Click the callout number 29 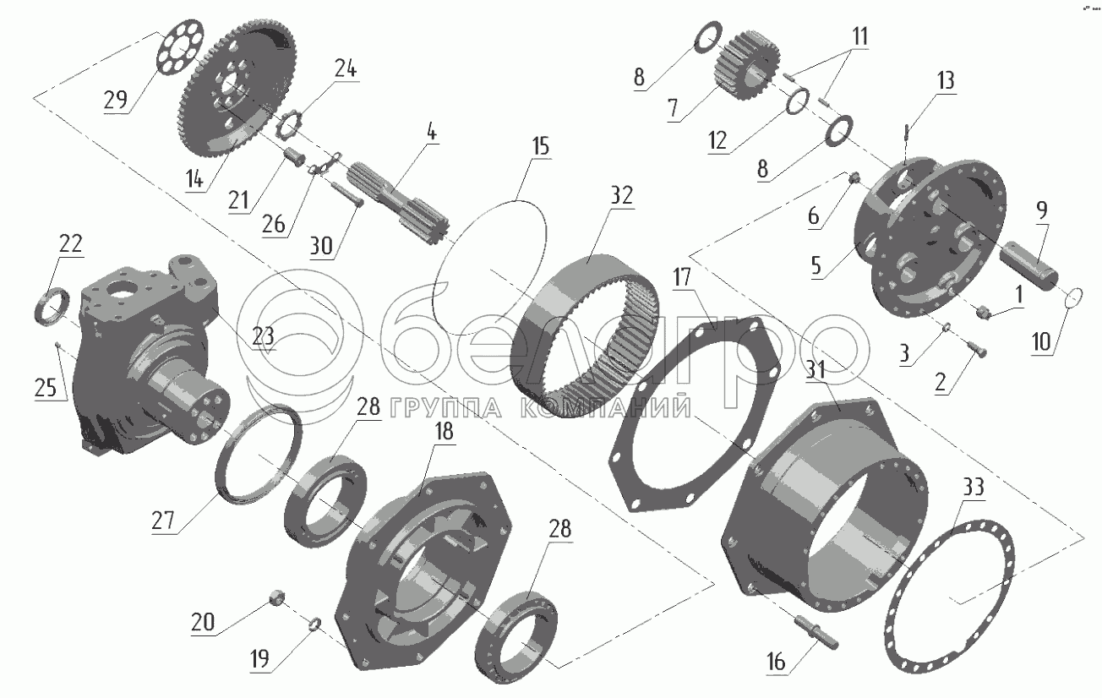pyautogui.click(x=116, y=100)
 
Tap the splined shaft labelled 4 pyautogui.click(x=397, y=199)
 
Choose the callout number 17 pyautogui.click(x=682, y=277)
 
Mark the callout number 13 pyautogui.click(x=946, y=80)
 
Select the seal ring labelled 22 pyautogui.click(x=52, y=307)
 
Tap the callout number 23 pyautogui.click(x=263, y=337)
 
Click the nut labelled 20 pyautogui.click(x=276, y=597)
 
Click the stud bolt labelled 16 pyautogui.click(x=816, y=631)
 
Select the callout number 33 pyautogui.click(x=973, y=488)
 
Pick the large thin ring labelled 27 pyautogui.click(x=259, y=454)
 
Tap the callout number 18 pyautogui.click(x=445, y=432)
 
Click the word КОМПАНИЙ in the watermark pyautogui.click(x=605, y=407)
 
